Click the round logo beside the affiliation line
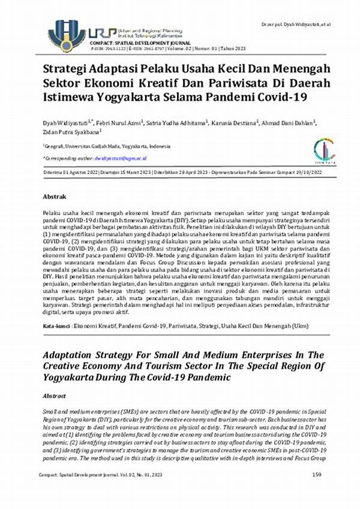pyautogui.click(x=324, y=149)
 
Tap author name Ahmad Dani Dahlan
pyautogui.click(x=290, y=123)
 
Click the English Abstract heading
pyautogui.click(x=55, y=397)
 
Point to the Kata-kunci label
pyautogui.click(x=56, y=325)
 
